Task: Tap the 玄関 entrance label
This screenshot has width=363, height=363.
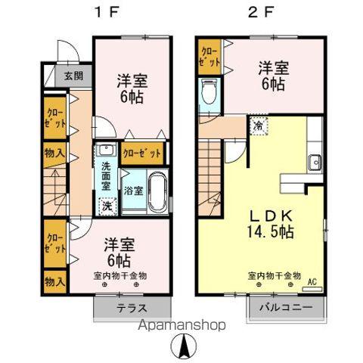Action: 73,76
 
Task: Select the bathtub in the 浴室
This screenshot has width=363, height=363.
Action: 157,193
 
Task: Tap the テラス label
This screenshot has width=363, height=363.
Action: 132,309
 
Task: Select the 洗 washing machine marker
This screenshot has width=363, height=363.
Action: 107,206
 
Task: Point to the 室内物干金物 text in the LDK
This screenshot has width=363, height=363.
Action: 274,275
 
